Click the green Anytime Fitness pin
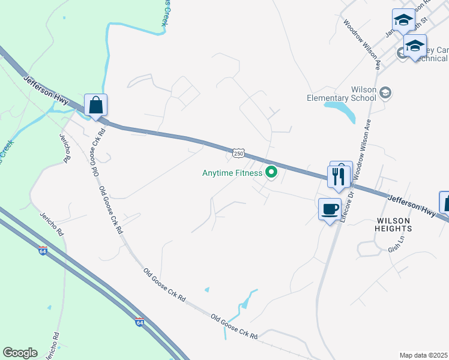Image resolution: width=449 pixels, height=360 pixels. pos(271,173)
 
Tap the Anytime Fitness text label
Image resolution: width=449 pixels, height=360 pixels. pos(232,173)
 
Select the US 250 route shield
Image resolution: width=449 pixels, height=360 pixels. pos(239,154)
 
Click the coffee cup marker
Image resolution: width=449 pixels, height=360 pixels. pos(330,210)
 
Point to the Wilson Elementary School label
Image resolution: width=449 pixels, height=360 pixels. pos(341,94)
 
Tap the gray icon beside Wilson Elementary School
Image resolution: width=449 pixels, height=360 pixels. pos(385,92)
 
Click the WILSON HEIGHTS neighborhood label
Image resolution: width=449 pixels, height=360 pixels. pos(393,224)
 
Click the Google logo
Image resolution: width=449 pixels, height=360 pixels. pos(20,353)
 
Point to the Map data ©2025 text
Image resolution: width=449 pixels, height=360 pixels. pos(424,355)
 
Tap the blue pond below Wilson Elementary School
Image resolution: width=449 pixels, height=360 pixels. pos(342,110)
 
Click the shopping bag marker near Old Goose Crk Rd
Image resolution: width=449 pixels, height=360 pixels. pos(95,106)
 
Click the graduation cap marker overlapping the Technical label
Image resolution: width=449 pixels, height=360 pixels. pos(415,46)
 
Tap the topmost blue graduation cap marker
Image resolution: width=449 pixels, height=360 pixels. pos(403,21)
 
